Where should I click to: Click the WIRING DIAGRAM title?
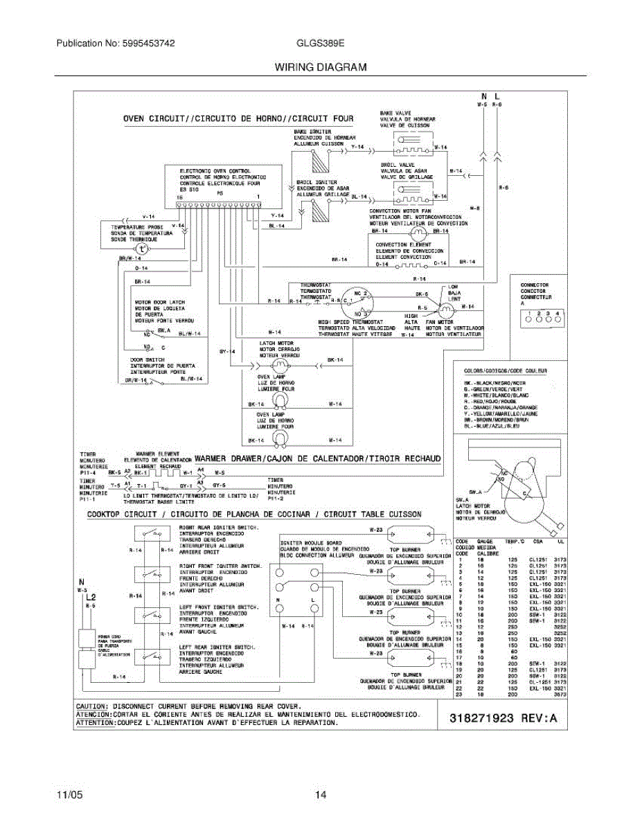(x=321, y=67)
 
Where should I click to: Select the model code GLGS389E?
(x=321, y=43)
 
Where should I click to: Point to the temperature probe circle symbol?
(x=141, y=249)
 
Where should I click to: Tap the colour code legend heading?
(x=506, y=372)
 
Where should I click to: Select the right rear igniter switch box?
(x=154, y=533)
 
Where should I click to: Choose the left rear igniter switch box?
(x=154, y=654)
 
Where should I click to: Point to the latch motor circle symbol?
(x=281, y=364)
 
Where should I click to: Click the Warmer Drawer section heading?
(x=318, y=458)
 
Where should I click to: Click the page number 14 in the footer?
(x=321, y=795)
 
